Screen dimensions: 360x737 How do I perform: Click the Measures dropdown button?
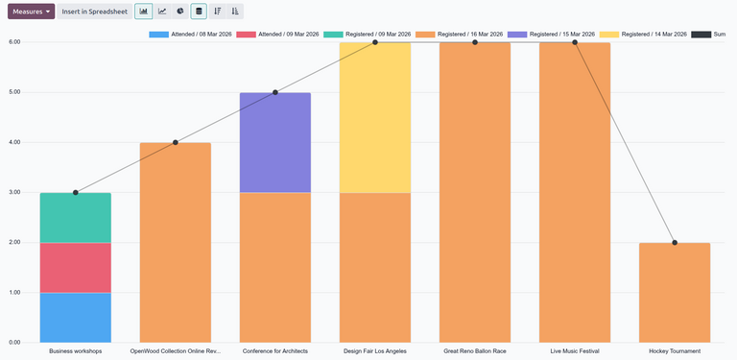tap(31, 12)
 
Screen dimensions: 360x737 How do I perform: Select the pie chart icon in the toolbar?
tap(179, 12)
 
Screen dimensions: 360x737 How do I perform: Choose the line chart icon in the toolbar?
tap(161, 12)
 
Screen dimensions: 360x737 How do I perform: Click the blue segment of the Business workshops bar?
tap(76, 317)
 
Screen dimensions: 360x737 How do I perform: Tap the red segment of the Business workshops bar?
tap(76, 267)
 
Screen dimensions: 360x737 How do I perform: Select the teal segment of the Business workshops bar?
tap(76, 218)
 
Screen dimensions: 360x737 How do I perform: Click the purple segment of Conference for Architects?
tap(275, 142)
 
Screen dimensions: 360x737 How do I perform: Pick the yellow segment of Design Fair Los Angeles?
tap(375, 117)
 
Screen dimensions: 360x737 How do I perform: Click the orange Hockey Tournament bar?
tap(675, 292)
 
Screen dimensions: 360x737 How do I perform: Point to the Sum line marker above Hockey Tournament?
tap(675, 243)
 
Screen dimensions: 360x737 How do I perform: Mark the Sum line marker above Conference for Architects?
tap(275, 93)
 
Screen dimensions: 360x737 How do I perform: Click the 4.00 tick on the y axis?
tap(14, 142)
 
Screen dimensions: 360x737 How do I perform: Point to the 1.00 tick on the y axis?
tap(14, 292)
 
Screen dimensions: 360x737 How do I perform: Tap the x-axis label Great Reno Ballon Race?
tap(474, 351)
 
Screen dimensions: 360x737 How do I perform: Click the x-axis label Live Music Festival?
tap(574, 351)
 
